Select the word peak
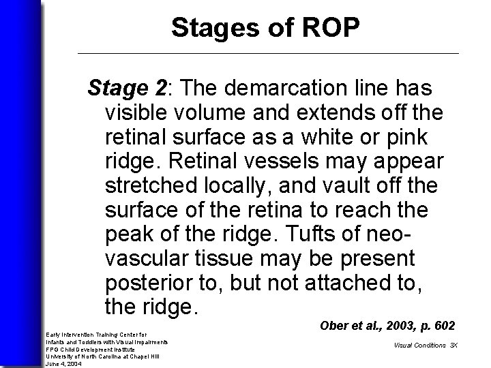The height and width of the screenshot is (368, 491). coord(127,234)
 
